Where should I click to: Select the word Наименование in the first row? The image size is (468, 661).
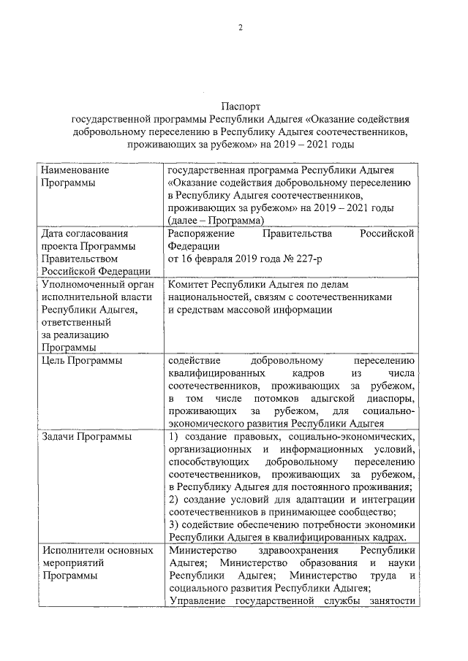75,170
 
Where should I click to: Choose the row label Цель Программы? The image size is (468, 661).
80,360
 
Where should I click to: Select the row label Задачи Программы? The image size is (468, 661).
86,437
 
